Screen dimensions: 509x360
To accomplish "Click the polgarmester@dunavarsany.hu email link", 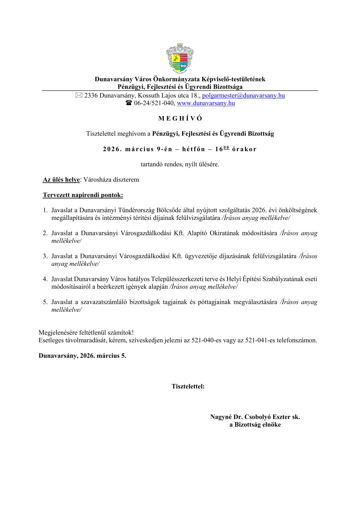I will click(x=243, y=96).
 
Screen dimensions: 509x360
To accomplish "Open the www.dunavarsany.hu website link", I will click(x=206, y=103).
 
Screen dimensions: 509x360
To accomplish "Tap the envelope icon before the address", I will click(x=79, y=96).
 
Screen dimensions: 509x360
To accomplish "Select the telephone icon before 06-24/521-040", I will click(x=129, y=103).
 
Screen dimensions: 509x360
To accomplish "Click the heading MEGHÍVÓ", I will click(x=180, y=119).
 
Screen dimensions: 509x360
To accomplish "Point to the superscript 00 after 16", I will click(x=226, y=148).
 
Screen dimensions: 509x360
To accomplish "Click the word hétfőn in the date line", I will click(x=194, y=149).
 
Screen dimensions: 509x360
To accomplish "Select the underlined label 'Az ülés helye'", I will click(x=61, y=180).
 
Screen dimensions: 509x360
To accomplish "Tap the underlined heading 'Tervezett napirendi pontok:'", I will click(x=83, y=195).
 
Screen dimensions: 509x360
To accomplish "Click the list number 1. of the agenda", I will click(x=45, y=210).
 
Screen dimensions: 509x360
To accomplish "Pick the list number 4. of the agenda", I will click(x=45, y=279).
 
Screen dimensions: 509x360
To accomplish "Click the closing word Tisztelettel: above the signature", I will click(x=188, y=386).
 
